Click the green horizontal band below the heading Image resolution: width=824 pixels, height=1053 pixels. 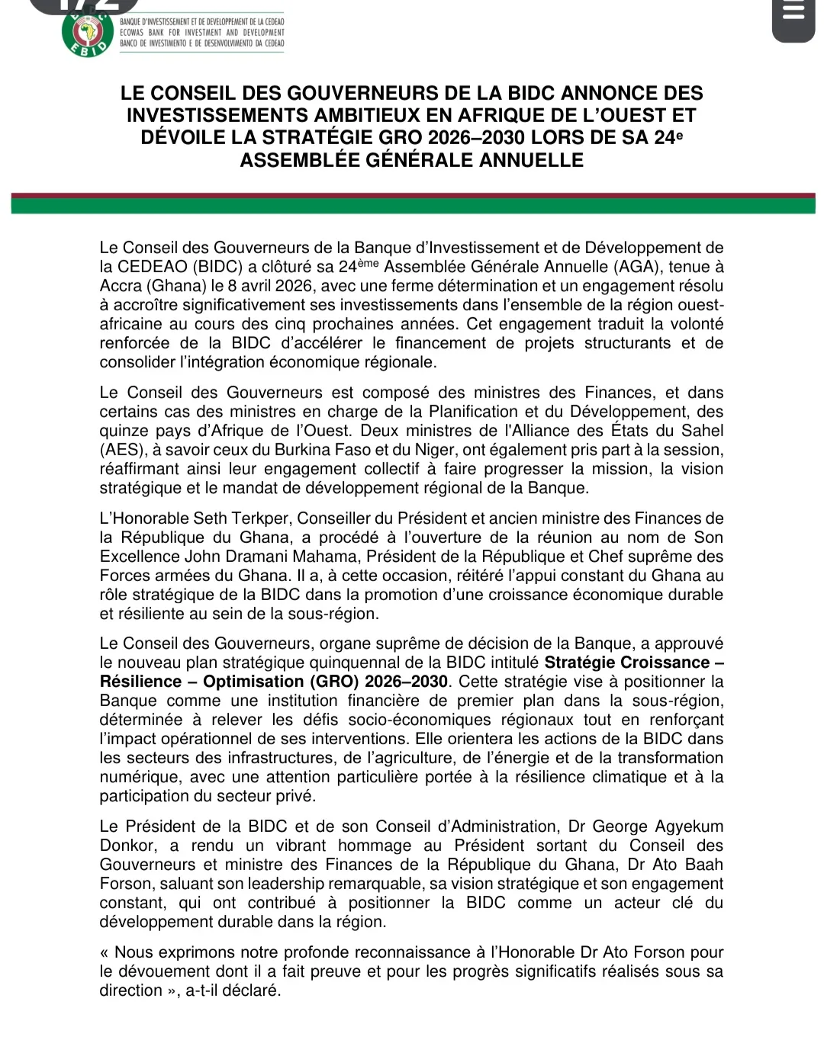(412, 206)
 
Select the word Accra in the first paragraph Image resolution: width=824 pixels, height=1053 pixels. (121, 286)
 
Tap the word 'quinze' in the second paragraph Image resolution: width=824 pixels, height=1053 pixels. (124, 431)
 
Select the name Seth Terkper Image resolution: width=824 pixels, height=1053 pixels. (241, 518)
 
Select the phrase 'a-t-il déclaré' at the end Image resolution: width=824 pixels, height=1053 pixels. (233, 990)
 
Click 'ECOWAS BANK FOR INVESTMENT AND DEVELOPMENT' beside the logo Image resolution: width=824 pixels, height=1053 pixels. (202, 33)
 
